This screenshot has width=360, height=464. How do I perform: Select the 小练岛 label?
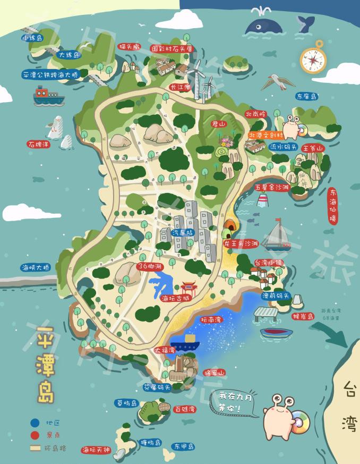32,38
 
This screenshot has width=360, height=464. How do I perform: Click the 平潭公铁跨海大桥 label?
50,75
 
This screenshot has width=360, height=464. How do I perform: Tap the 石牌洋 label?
39,144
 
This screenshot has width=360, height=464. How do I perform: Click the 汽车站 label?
183,233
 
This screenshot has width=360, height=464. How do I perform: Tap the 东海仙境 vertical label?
333,206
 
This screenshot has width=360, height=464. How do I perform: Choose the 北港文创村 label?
267,135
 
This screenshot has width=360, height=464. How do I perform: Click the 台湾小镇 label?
269,263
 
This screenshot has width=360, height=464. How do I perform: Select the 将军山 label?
215,373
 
